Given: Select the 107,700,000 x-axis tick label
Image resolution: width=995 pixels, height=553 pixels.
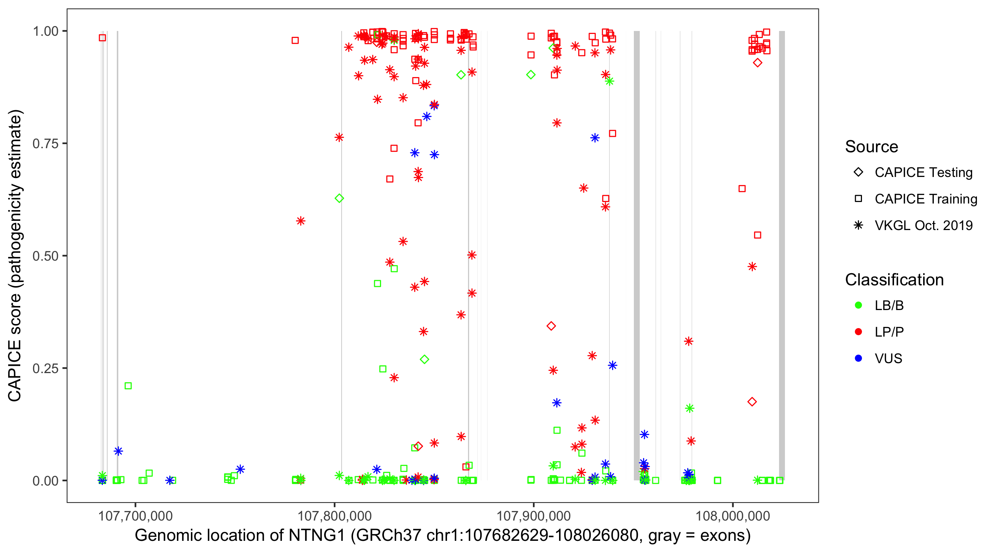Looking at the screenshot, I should coord(135,516).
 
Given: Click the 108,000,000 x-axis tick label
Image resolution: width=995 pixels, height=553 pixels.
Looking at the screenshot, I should coord(732,516).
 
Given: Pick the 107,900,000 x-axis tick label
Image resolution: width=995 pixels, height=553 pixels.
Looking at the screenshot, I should coord(533,516).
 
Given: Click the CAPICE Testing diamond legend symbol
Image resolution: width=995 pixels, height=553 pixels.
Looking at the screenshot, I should coord(858,173).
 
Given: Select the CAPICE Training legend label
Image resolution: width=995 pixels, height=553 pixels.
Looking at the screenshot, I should coord(926,199).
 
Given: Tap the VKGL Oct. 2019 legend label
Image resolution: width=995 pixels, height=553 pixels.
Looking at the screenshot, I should coord(924,226).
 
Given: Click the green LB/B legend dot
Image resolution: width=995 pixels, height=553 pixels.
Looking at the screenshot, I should coord(858,305).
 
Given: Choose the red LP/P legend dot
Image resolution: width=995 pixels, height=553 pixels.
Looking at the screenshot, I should coord(858,332).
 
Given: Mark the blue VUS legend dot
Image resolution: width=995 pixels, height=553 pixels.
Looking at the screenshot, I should coord(858,359).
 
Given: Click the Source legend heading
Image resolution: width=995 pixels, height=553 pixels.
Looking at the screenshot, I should coord(872,147).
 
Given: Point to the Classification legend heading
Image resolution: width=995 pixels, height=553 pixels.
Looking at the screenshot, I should coord(894,280).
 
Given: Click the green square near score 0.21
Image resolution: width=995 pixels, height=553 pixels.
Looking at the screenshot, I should coord(128,386).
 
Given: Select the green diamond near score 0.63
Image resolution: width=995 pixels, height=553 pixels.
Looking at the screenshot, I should coord(339,198).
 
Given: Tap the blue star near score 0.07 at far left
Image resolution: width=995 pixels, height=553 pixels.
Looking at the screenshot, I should coord(118,451).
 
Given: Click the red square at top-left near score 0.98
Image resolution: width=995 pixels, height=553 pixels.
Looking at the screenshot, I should coord(102,38).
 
